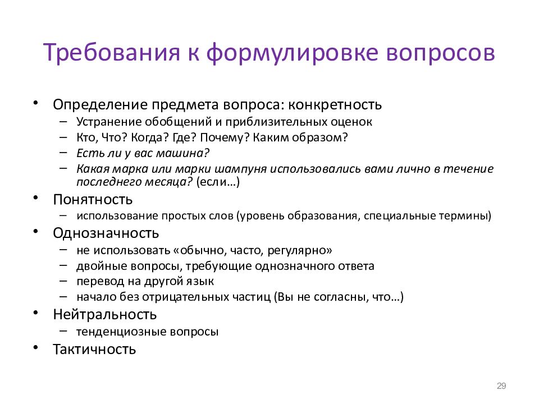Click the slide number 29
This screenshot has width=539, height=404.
pyautogui.click(x=502, y=385)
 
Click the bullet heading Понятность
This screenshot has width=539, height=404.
pyautogui.click(x=93, y=199)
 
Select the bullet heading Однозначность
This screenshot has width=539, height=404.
pyautogui.click(x=106, y=233)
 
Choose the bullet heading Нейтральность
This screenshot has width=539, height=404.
pyautogui.click(x=105, y=314)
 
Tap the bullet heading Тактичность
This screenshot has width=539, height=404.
pyautogui.click(x=94, y=349)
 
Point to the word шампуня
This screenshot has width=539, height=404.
pyautogui.click(x=243, y=169)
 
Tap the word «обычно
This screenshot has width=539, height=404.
pyautogui.click(x=202, y=250)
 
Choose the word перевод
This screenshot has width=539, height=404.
pyautogui.click(x=95, y=281)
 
